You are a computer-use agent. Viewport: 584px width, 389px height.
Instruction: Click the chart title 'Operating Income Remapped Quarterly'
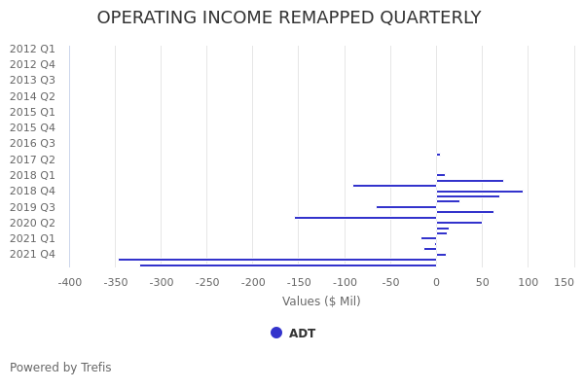click(289, 18)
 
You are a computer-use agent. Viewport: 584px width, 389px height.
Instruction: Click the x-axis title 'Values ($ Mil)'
click(321, 301)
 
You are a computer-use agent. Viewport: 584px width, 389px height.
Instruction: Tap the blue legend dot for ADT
click(276, 333)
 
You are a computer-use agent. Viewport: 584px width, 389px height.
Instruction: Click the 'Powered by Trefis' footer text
click(60, 368)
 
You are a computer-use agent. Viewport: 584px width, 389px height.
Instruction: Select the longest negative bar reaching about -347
click(277, 260)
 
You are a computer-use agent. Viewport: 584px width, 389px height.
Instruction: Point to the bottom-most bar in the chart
click(288, 265)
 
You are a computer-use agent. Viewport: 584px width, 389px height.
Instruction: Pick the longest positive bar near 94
click(479, 192)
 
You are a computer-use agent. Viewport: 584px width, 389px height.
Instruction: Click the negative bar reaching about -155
click(366, 218)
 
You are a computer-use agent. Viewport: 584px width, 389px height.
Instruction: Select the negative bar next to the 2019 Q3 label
click(407, 207)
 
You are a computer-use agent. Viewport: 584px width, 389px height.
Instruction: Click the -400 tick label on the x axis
click(70, 282)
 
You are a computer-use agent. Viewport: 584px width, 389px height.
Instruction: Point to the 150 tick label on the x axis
click(565, 282)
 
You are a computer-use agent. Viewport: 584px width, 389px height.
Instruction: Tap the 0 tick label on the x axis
click(436, 282)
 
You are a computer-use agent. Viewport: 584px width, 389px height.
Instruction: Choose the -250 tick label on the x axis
click(207, 282)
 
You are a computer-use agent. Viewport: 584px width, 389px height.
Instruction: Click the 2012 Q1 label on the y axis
click(32, 49)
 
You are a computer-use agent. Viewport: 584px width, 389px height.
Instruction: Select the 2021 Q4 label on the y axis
click(32, 254)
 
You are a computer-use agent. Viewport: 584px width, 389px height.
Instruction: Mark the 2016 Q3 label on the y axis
click(32, 143)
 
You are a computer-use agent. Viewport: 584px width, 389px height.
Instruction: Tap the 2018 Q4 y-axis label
click(32, 191)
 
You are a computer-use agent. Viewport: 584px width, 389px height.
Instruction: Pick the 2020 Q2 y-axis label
click(32, 223)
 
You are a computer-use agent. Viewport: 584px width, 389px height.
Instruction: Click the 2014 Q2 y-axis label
click(32, 96)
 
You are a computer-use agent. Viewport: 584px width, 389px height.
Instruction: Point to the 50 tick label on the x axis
click(482, 282)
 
